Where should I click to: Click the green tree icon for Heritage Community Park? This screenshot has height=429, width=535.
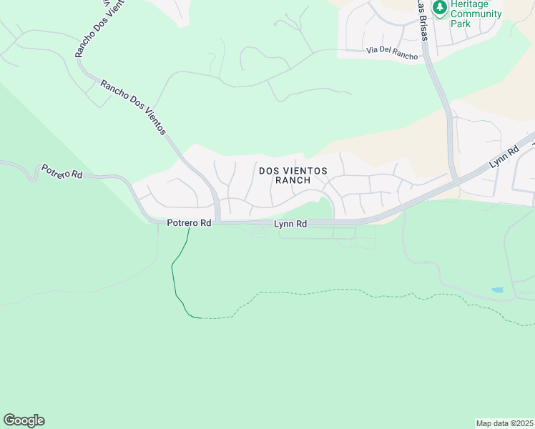pos(440,7)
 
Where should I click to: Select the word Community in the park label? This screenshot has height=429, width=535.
pos(476,14)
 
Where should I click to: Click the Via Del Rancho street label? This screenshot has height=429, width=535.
pos(391,50)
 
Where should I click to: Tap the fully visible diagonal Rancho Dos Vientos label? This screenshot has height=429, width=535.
pos(133,107)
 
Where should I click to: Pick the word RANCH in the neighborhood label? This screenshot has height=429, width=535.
pos(293,180)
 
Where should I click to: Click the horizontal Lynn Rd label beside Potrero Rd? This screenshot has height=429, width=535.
pos(291,224)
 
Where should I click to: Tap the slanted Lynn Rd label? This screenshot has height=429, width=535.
pos(504,158)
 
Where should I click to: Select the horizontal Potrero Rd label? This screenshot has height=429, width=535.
pos(189,223)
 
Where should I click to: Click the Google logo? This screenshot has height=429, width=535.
pos(24,420)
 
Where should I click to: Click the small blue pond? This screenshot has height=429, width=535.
pos(497,290)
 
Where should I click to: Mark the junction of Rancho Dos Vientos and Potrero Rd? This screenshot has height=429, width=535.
pos(217,221)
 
